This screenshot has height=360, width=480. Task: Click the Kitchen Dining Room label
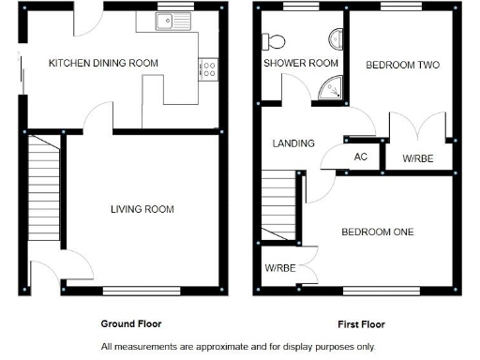(103, 63)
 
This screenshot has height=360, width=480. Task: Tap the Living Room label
(142, 209)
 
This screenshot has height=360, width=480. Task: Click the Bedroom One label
(378, 232)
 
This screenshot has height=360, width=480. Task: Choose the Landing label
(293, 143)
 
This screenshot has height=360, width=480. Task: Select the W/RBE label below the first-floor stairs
(279, 268)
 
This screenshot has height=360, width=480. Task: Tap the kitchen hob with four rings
(208, 68)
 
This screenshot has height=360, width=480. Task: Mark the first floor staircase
(278, 208)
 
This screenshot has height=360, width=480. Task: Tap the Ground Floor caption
(131, 323)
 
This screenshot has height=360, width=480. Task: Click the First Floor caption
(361, 324)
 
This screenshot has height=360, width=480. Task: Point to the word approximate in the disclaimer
(231, 347)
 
